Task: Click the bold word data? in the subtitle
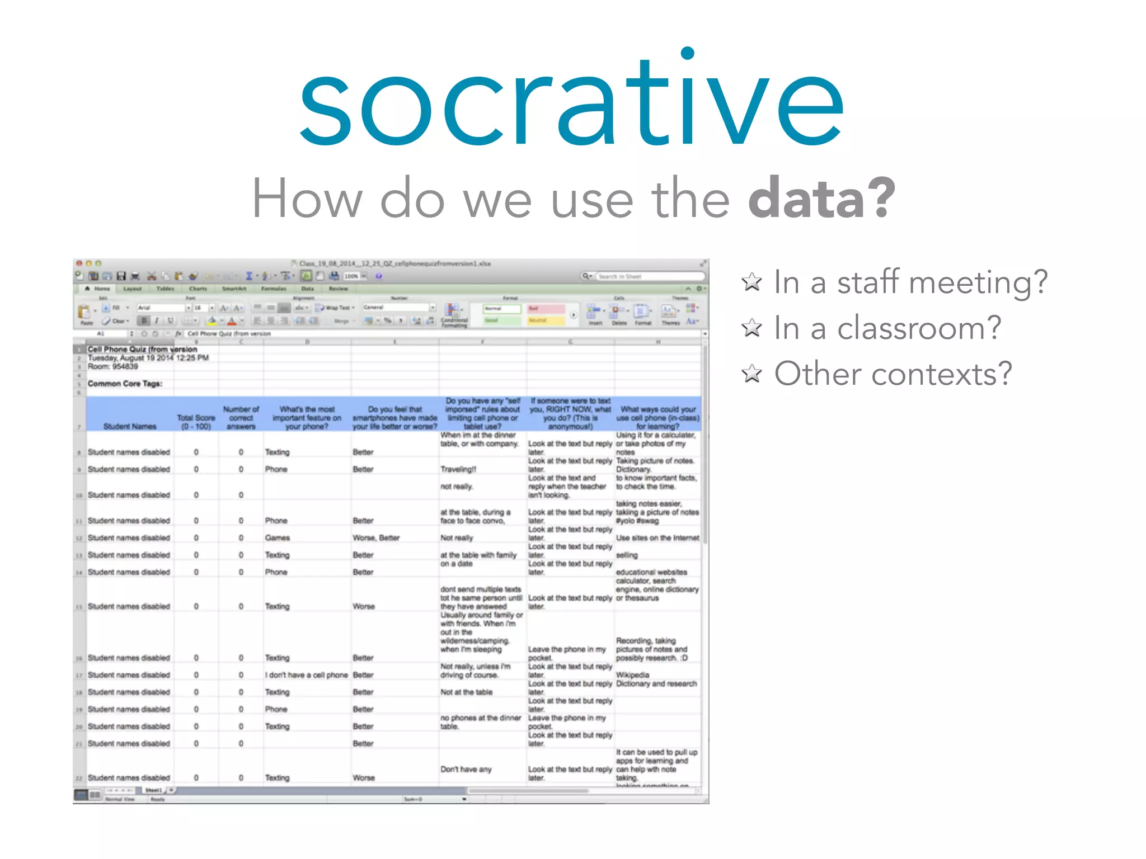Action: point(821,198)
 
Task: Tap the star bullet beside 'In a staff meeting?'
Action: point(752,282)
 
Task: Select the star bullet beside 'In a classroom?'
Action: point(752,328)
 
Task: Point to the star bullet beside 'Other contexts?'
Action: point(752,374)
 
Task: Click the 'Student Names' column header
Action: point(130,426)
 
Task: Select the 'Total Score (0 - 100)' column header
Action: point(196,422)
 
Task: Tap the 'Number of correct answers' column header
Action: point(241,418)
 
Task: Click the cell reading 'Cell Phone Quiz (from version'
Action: point(142,349)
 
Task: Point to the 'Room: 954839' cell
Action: point(112,366)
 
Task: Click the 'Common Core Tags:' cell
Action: point(125,384)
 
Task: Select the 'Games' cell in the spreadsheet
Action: point(278,538)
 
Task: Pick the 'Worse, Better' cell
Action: point(376,538)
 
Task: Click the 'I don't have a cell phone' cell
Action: point(307,675)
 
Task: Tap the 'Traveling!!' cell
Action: point(458,469)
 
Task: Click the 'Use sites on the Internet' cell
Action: point(657,538)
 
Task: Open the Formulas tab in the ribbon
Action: point(274,289)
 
